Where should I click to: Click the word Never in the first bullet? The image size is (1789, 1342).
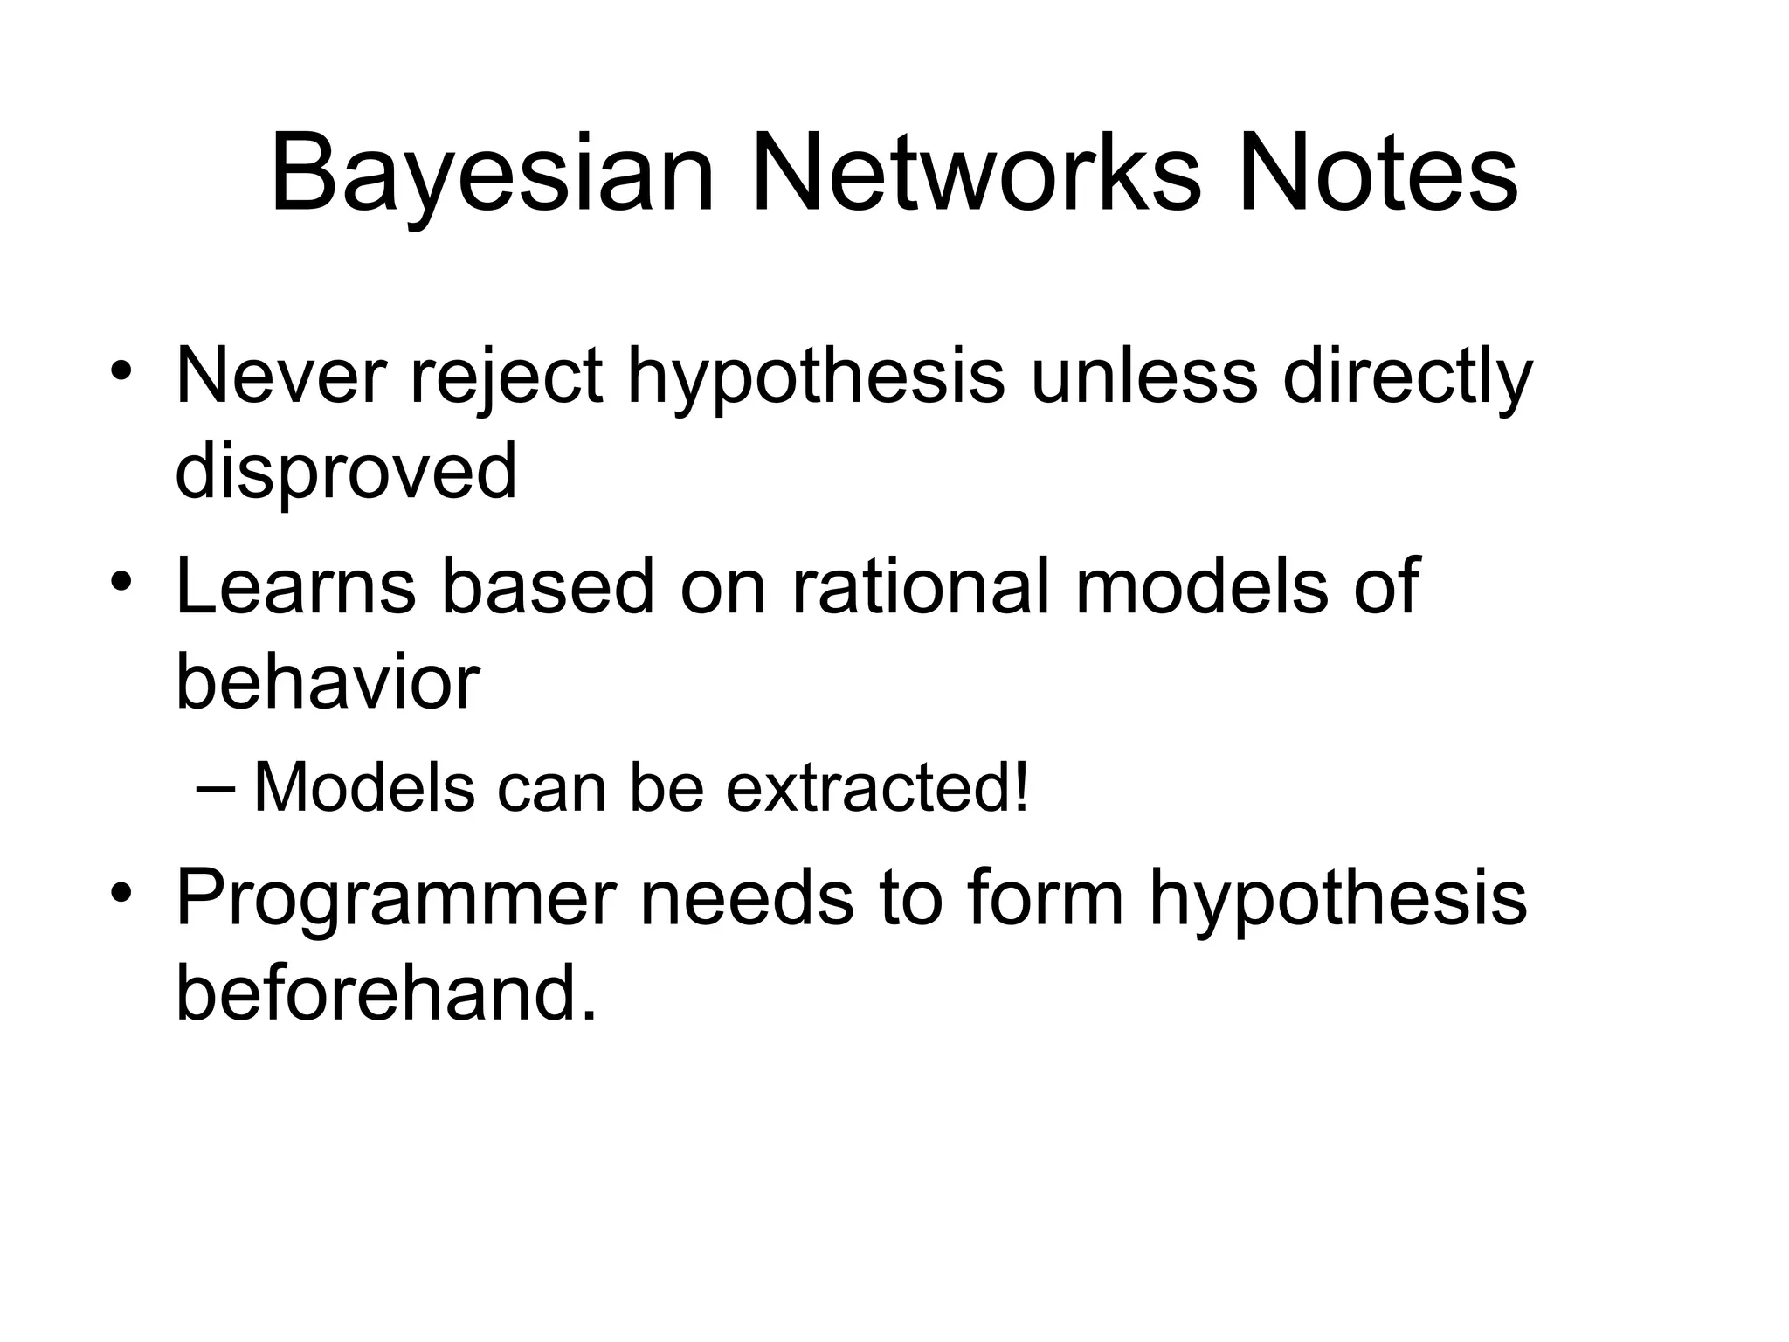pyautogui.click(x=280, y=377)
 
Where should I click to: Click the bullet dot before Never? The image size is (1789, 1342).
pyautogui.click(x=121, y=374)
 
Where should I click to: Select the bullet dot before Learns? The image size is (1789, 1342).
pyautogui.click(x=121, y=582)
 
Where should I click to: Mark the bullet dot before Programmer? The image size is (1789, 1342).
pyautogui.click(x=121, y=893)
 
